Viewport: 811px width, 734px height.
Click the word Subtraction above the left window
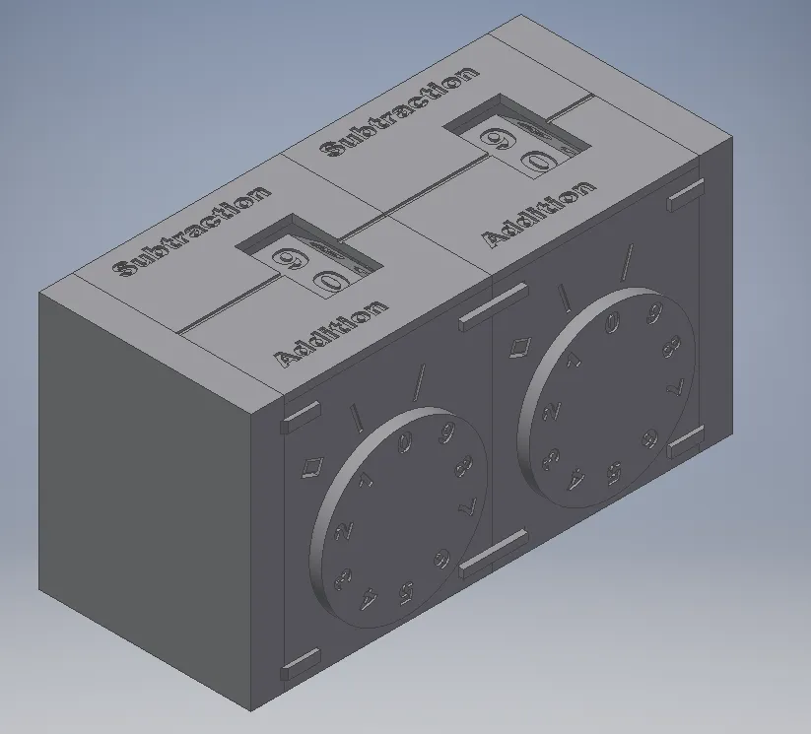(x=192, y=231)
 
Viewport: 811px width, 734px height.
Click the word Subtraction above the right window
(x=399, y=111)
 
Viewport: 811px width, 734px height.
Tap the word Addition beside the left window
(x=331, y=334)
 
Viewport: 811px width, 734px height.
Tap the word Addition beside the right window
(x=538, y=214)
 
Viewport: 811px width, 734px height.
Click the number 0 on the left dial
(x=406, y=442)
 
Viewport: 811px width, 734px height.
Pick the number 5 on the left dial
(x=406, y=593)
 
